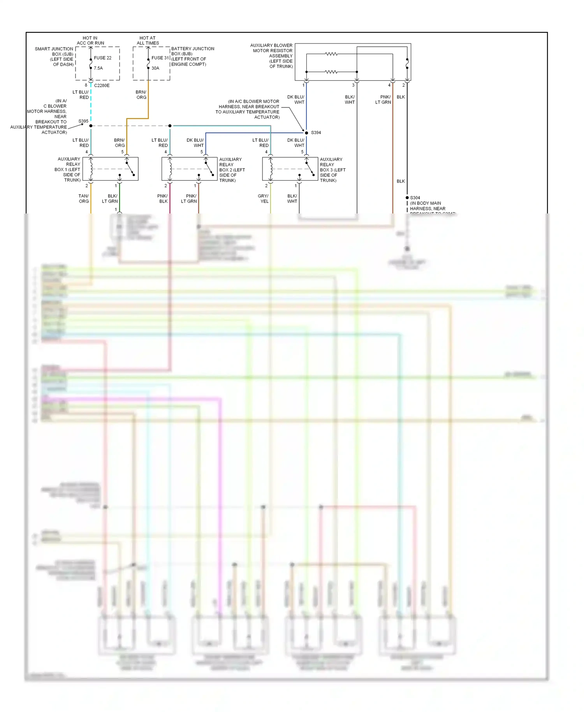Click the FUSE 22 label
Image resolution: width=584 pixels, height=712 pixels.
102,58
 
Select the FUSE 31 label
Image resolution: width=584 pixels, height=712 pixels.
160,58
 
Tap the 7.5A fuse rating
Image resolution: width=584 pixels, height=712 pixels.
98,68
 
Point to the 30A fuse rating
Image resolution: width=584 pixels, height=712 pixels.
155,68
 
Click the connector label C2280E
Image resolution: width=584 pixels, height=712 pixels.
102,85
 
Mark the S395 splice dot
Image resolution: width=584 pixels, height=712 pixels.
91,126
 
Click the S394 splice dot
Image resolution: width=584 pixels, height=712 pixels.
306,133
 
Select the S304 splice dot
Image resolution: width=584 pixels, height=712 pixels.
407,197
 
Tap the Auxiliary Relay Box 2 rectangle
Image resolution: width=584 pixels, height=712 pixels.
189,169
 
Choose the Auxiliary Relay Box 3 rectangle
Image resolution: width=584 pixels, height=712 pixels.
290,169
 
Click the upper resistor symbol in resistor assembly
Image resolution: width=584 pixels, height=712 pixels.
331,54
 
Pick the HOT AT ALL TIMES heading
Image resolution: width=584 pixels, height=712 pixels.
148,41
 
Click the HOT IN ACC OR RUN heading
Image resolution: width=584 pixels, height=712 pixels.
90,41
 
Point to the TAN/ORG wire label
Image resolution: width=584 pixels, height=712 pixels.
84,199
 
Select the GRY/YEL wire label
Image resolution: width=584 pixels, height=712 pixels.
264,199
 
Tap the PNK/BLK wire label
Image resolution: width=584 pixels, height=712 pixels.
163,199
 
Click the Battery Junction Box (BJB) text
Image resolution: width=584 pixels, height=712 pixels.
192,56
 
